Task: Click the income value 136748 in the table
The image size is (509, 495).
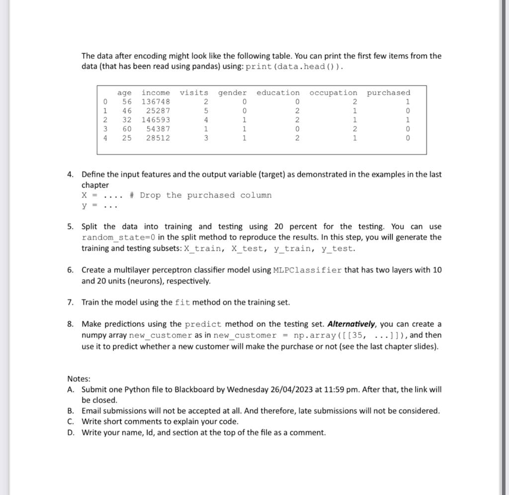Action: coord(156,102)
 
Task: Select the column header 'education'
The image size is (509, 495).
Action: coord(278,93)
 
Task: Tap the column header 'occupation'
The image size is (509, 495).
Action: coord(333,93)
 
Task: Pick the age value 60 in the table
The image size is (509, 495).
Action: coord(127,129)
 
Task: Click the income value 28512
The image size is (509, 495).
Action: coord(158,138)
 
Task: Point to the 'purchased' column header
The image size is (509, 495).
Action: coord(389,93)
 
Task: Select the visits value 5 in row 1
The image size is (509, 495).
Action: coord(206,111)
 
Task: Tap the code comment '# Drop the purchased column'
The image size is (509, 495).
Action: coord(200,195)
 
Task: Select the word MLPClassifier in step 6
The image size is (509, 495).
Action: coord(307,270)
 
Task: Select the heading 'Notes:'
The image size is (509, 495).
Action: coord(79,379)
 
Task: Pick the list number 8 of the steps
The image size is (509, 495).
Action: coord(71,324)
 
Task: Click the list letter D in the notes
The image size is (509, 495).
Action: coord(71,432)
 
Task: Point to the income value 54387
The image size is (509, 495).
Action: coord(158,129)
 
